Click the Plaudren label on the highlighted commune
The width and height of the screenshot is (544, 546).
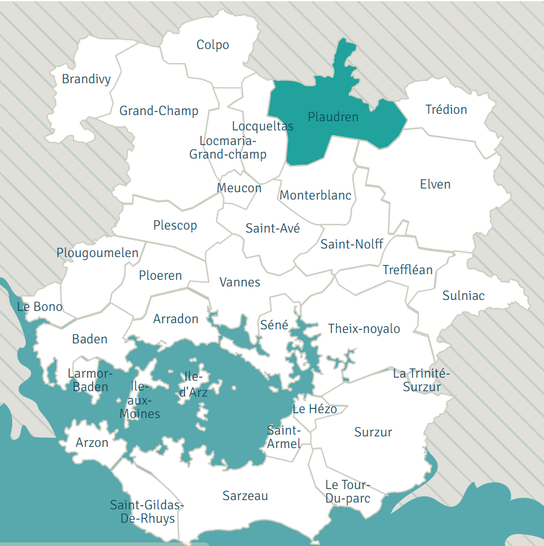(333, 116)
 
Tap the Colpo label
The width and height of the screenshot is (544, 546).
(213, 45)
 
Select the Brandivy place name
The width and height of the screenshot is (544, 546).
(86, 79)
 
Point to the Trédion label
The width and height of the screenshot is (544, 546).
(446, 110)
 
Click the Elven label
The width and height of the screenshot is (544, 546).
(435, 184)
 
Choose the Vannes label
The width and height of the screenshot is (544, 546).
(240, 282)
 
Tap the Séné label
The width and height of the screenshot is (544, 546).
(274, 325)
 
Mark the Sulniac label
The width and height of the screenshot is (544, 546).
(463, 296)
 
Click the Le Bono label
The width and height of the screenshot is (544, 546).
(40, 307)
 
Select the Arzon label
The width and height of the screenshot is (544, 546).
(92, 443)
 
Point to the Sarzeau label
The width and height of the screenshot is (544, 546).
(245, 496)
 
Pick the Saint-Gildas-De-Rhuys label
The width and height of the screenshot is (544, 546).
(146, 512)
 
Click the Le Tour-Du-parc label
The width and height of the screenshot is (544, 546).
(347, 492)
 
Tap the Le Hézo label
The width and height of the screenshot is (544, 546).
(314, 409)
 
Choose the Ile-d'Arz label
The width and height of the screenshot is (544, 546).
(193, 384)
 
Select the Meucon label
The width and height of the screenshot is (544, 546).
(239, 188)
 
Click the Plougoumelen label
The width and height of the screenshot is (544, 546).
(97, 253)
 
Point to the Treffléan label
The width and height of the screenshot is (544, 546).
(407, 270)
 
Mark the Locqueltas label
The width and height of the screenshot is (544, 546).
(262, 126)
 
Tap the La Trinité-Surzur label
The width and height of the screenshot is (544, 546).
(421, 380)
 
